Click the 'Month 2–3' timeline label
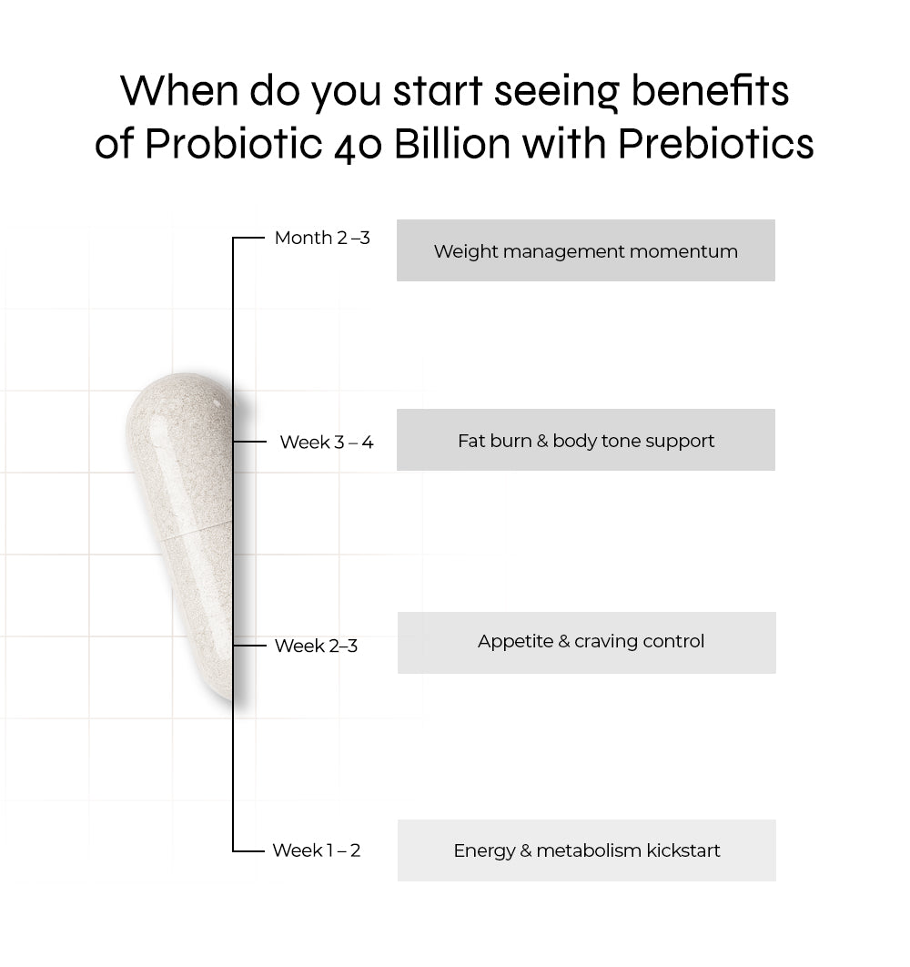click(322, 238)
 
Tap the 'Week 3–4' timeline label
click(327, 443)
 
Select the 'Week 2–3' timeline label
click(316, 646)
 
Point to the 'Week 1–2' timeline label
click(317, 850)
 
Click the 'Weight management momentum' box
click(586, 250)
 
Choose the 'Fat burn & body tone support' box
click(586, 440)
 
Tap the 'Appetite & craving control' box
click(586, 643)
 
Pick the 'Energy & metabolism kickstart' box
click(586, 850)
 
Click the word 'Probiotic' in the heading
click(234, 144)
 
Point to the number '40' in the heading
click(359, 148)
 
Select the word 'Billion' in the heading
click(453, 144)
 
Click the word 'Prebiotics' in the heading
click(716, 144)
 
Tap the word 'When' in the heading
click(178, 91)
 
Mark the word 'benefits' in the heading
click(710, 91)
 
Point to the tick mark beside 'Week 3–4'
click(249, 442)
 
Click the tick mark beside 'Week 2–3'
click(249, 645)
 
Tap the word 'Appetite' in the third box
click(515, 642)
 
